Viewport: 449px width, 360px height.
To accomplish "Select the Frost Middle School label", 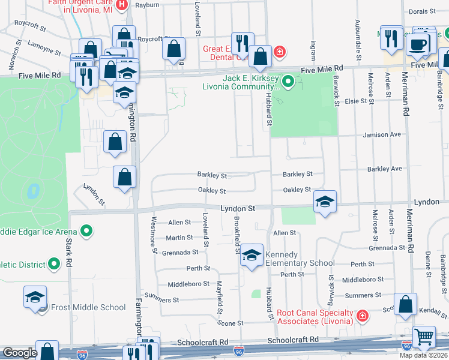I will (88, 307).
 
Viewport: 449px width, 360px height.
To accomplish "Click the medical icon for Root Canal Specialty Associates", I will (362, 315).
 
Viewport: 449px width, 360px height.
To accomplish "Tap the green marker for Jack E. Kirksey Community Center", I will (288, 80).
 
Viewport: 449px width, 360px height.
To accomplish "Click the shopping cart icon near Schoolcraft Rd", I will (424, 337).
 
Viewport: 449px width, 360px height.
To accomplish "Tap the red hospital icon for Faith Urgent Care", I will (122, 5).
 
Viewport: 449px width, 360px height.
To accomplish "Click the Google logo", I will (19, 353).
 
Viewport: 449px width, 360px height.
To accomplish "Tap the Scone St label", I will (231, 323).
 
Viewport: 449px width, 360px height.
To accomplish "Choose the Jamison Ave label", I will (382, 135).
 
